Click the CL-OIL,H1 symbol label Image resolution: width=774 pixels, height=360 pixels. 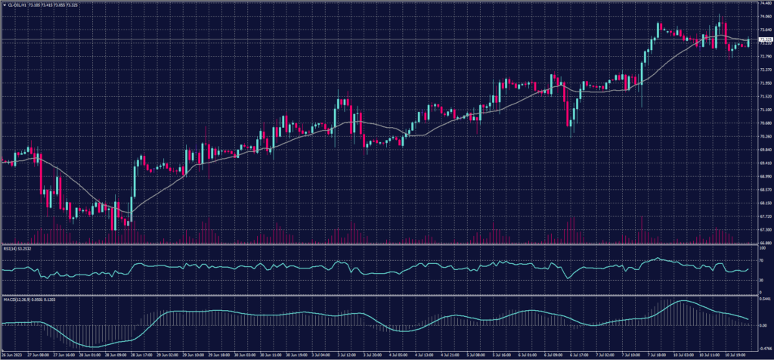tap(16, 5)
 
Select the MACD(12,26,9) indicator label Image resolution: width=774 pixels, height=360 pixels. tap(17, 299)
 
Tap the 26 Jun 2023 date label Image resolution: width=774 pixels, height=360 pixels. tap(12, 354)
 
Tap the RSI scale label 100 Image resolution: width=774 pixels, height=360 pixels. tap(758, 247)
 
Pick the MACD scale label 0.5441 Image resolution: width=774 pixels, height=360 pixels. tap(761, 300)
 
